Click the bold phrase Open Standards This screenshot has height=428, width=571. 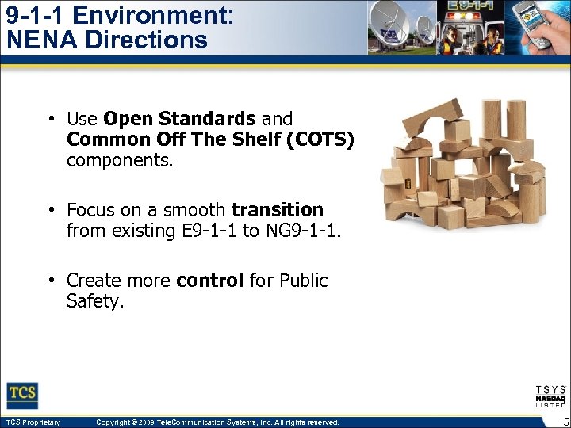pyautogui.click(x=179, y=119)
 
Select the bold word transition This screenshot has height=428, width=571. pyautogui.click(x=278, y=210)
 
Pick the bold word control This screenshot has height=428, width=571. pyautogui.click(x=210, y=281)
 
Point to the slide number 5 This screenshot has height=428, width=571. pyautogui.click(x=563, y=422)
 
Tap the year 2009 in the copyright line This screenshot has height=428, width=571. pyautogui.click(x=151, y=422)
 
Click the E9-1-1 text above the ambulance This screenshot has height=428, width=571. pyautogui.click(x=469, y=6)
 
